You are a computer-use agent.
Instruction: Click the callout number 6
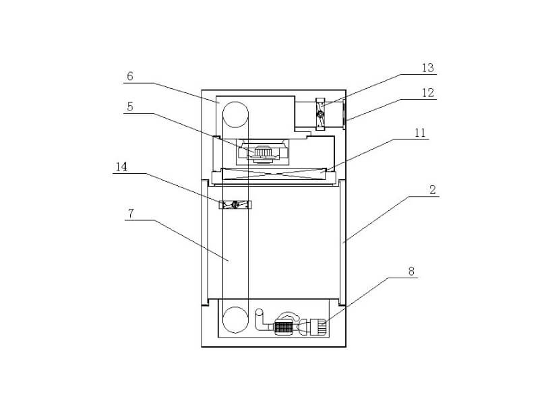[130, 76]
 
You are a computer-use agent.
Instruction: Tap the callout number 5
[130, 106]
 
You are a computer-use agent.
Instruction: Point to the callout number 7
[131, 214]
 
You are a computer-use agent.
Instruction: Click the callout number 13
[427, 67]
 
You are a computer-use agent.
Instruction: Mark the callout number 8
[411, 272]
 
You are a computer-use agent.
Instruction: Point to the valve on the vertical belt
[235, 204]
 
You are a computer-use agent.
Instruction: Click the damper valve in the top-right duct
[320, 114]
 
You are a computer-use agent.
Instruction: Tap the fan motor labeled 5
[264, 154]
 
